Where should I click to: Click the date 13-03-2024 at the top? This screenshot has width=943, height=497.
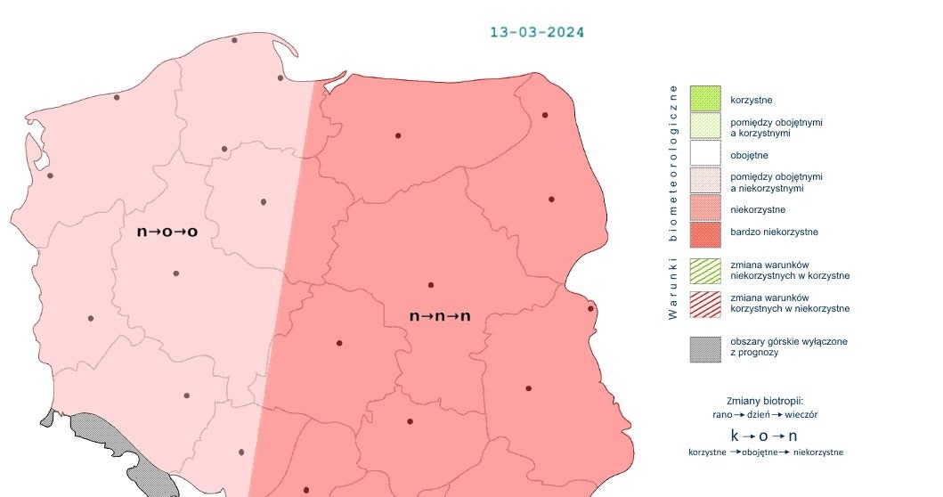pos(537,32)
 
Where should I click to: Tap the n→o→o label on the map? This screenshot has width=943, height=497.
pos(167,232)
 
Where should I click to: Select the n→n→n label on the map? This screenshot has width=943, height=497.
pos(439,316)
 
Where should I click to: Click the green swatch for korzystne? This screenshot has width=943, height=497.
pos(704,99)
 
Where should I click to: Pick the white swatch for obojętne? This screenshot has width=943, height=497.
pos(704,155)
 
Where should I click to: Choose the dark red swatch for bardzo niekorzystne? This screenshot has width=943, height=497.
pos(704,234)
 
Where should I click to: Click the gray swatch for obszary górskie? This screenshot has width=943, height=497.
pos(704,348)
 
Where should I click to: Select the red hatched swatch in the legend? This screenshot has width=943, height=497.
pos(704,303)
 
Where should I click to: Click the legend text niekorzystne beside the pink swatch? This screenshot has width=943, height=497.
pos(757,210)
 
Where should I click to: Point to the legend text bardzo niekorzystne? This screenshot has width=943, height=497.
pos(773,232)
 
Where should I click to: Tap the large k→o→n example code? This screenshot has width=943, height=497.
pos(763,436)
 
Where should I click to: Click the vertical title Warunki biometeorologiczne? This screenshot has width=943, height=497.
pos(673,202)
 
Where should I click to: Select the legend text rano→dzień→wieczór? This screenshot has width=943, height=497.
pos(765,414)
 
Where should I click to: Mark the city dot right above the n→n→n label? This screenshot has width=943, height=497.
pos(431,285)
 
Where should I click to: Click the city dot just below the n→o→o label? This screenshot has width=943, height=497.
pos(175,273)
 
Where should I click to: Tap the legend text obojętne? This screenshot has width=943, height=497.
pos(749,156)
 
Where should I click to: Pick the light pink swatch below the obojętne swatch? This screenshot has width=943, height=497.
pos(704,182)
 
